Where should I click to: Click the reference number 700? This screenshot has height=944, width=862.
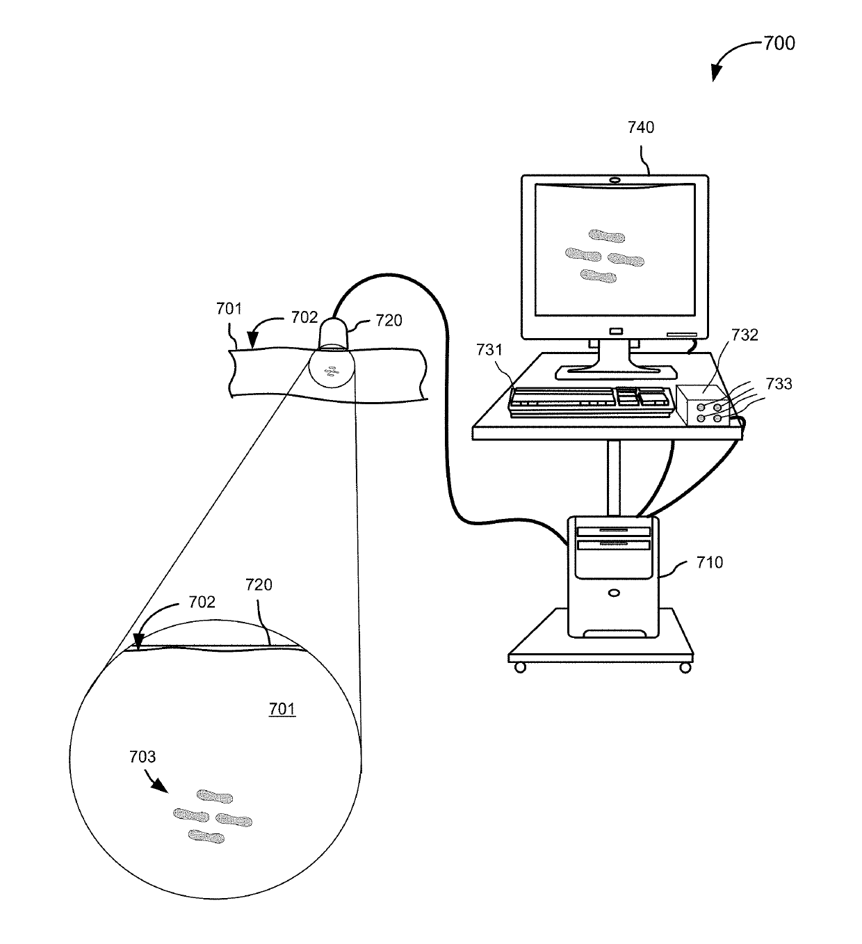779,43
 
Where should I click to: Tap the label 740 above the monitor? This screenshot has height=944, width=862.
640,127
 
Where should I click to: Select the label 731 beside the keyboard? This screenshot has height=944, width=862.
489,350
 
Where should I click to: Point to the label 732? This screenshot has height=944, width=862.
745,335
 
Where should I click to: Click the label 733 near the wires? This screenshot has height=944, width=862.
778,383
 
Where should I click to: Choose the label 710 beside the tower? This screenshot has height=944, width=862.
710,562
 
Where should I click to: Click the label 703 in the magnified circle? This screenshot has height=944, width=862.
143,757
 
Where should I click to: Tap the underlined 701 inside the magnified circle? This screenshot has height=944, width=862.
282,710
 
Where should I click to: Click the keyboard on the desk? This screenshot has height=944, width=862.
591,401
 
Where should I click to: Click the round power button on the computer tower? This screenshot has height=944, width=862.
613,593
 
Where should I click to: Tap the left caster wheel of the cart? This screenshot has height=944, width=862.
520,668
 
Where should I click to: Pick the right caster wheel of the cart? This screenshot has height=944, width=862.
685,668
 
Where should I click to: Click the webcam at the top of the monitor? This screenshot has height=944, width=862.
615,180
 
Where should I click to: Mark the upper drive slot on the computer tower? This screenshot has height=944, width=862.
613,529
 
